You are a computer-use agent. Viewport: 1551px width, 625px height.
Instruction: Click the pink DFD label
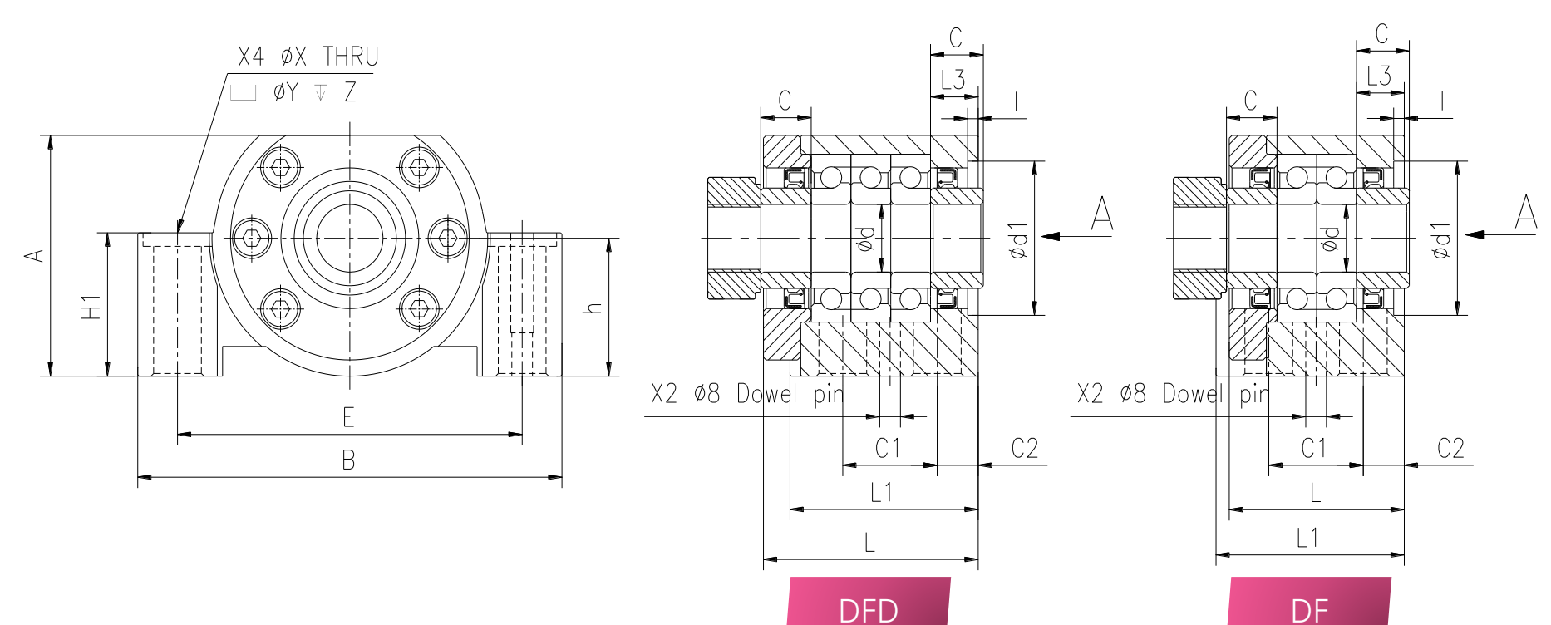point(869,601)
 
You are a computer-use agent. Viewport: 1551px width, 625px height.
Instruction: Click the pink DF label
point(1309,601)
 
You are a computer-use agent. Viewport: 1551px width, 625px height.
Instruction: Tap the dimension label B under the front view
point(348,460)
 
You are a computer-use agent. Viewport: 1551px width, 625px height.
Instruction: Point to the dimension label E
point(348,416)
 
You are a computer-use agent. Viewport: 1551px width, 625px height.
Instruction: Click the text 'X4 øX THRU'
point(308,57)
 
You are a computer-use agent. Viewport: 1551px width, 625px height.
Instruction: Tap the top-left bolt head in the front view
point(281,167)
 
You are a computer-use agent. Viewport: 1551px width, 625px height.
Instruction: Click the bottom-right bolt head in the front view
point(419,308)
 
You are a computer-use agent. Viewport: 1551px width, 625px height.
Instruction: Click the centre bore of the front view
point(350,239)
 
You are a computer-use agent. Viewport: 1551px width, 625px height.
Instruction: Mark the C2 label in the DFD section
point(1025,449)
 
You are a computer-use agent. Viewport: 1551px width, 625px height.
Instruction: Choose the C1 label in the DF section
point(1313,449)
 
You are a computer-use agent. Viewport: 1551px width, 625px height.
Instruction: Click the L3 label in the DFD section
point(953,80)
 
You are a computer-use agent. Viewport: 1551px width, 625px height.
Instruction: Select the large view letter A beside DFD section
point(1102,214)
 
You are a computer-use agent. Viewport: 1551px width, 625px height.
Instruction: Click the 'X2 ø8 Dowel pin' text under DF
point(1174,393)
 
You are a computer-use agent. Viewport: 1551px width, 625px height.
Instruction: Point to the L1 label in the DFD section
point(881,493)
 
